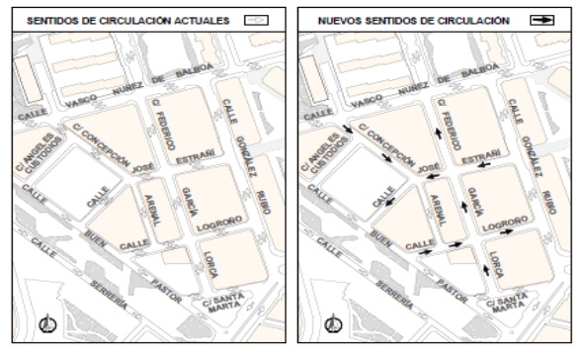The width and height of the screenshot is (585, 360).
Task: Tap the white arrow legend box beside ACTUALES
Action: (x=257, y=19)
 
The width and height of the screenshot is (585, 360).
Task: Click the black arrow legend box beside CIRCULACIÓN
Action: (x=542, y=19)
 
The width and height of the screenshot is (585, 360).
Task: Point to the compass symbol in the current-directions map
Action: (x=45, y=321)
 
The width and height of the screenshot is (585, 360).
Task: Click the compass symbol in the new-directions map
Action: (x=333, y=321)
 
